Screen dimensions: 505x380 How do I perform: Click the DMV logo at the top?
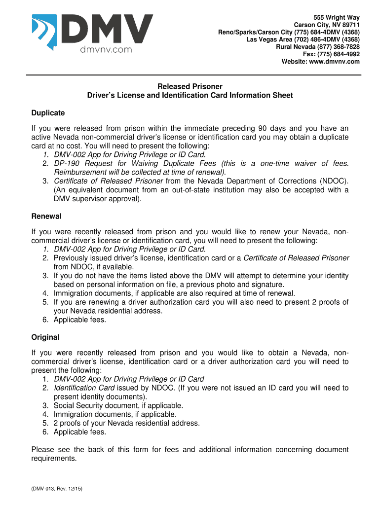pyautogui.click(x=92, y=32)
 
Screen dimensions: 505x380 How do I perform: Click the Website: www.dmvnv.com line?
pyautogui.click(x=320, y=62)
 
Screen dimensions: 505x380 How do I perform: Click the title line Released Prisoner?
pyautogui.click(x=190, y=86)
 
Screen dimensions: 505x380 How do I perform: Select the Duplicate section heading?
pyautogui.click(x=48, y=113)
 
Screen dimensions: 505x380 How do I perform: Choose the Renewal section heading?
pyautogui.click(x=46, y=216)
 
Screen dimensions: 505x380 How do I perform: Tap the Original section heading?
pyautogui.click(x=45, y=337)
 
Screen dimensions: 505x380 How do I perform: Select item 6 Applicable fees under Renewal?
pyautogui.click(x=79, y=320)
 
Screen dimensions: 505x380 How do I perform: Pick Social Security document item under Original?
pyautogui.click(x=118, y=405)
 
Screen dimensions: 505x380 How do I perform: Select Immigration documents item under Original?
pyautogui.click(x=114, y=414)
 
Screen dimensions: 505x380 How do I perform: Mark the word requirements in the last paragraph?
pyautogui.click(x=54, y=458)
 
